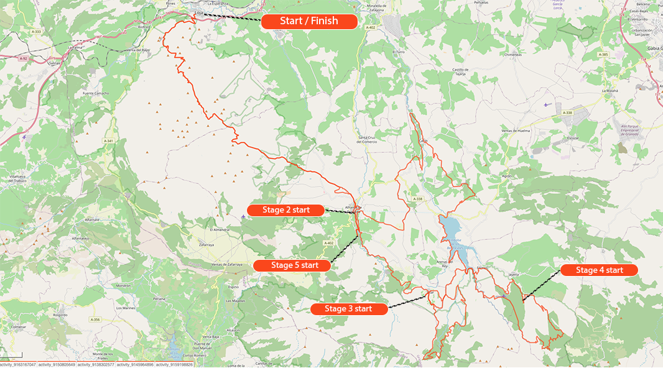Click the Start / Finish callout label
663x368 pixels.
[x=309, y=21]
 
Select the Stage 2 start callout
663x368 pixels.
[x=286, y=210]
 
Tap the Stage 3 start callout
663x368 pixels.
[x=348, y=309]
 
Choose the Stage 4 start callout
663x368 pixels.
[x=600, y=270]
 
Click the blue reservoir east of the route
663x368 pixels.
[x=452, y=229]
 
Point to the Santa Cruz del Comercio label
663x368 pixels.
[x=368, y=139]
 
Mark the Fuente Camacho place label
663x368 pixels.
[x=96, y=93]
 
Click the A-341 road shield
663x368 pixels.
[x=108, y=141]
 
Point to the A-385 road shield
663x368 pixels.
[x=603, y=55]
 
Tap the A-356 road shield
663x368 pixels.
[x=95, y=320]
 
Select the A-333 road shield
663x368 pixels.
[x=36, y=31]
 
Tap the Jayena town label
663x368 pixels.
[x=513, y=274]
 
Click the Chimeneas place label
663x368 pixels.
[x=512, y=55]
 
